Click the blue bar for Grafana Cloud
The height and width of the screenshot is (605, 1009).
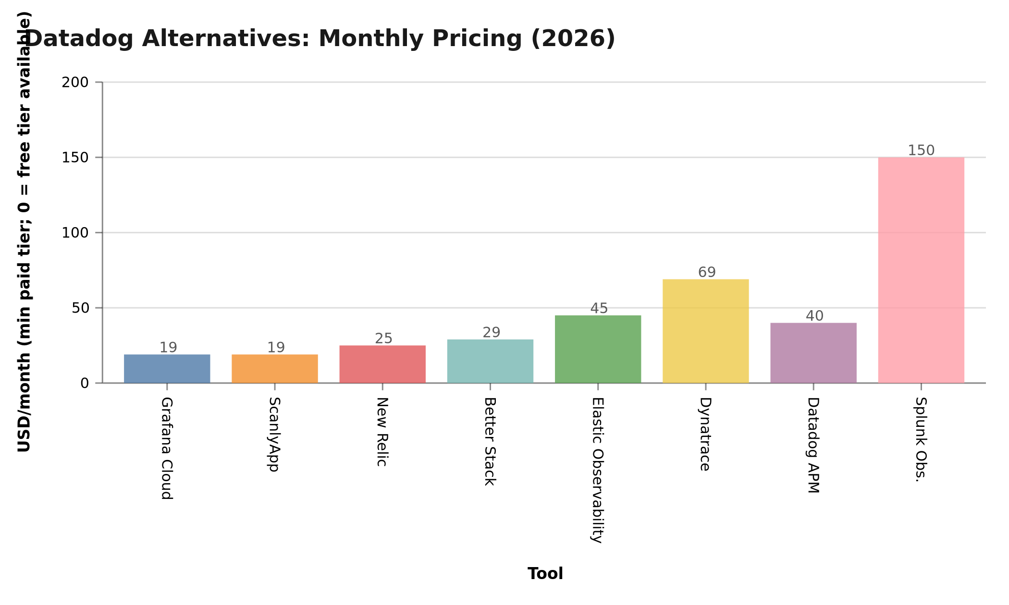[x=167, y=369]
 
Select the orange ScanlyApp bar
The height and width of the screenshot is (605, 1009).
[x=274, y=369]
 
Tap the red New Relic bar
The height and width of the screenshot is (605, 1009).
[x=382, y=364]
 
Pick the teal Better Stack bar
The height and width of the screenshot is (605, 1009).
[x=490, y=361]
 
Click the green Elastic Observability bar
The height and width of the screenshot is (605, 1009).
[x=598, y=349]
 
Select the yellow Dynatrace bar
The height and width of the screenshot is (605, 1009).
[x=705, y=331]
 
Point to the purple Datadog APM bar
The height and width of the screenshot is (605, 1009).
[x=813, y=353]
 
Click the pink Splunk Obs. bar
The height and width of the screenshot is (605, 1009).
[x=921, y=270]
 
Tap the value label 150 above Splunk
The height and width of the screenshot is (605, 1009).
[x=921, y=151]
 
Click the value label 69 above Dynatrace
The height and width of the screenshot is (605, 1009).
[x=707, y=273]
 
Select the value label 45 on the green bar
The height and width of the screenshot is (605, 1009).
[x=599, y=309]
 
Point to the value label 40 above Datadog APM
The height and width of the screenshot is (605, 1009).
[x=814, y=316]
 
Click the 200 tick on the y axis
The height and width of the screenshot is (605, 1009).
[x=75, y=83]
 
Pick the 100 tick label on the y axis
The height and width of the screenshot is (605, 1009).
[x=75, y=233]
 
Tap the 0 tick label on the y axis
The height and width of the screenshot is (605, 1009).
[x=85, y=384]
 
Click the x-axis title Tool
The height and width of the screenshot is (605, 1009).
[x=545, y=574]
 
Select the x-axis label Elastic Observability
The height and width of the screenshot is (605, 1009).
[x=597, y=470]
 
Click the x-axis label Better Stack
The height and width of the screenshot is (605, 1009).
[x=490, y=441]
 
